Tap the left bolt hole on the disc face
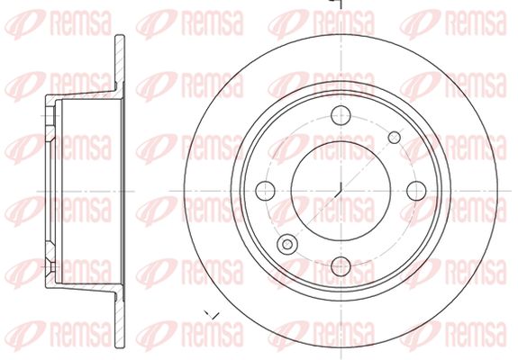265,191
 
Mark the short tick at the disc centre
340,189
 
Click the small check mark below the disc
212,315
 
